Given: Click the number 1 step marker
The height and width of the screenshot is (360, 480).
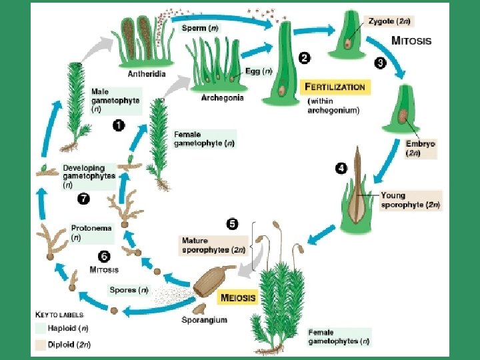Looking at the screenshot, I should click(119, 125).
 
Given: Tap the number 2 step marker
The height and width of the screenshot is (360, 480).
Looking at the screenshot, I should click(304, 59).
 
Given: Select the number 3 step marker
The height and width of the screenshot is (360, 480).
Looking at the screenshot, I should click(380, 63).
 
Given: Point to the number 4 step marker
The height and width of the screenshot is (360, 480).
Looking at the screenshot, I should click(341, 168).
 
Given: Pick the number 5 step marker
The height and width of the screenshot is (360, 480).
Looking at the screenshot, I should click(232, 224).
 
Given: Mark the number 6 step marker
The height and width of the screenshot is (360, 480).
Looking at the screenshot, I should click(104, 255).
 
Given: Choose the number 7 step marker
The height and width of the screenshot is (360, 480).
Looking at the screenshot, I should click(83, 198).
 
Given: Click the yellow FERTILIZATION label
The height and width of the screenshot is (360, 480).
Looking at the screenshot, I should click(335, 87).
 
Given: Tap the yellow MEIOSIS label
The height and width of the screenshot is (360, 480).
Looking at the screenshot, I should click(237, 298).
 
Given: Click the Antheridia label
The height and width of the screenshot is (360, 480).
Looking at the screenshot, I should click(147, 73).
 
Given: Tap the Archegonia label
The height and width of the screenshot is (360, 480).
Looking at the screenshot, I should click(222, 97).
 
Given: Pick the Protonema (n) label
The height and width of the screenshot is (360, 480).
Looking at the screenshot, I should click(91, 232).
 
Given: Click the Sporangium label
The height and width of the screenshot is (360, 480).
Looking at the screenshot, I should click(204, 320).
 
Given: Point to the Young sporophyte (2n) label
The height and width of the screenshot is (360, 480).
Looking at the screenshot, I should click(410, 201).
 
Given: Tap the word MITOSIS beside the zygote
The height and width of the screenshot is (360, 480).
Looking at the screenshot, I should click(411, 41).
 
